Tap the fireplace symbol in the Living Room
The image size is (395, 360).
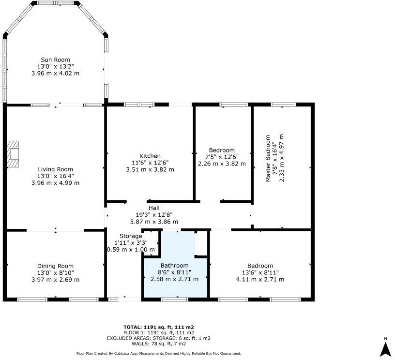point(13,154)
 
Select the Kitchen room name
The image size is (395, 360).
point(150,156)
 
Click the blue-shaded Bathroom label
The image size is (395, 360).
point(175,266)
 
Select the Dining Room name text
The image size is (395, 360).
point(55,266)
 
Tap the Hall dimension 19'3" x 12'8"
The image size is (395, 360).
point(154,214)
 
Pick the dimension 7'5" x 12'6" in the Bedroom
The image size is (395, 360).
point(222,157)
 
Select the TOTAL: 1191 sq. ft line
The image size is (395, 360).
point(159,327)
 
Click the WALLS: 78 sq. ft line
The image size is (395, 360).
point(159,344)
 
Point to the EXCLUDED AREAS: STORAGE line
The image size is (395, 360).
point(159,338)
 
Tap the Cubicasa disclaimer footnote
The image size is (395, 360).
point(159,354)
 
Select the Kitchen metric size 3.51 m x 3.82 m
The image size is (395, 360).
point(150,169)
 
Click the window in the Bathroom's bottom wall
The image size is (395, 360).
point(174,300)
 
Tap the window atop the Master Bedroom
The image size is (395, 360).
point(283,104)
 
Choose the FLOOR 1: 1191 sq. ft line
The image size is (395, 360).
point(159,333)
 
